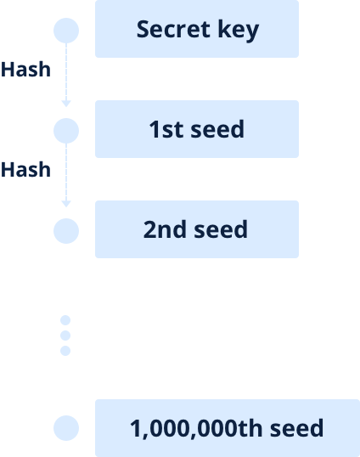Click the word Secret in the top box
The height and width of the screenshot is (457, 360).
(173, 29)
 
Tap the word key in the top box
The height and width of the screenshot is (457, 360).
(239, 31)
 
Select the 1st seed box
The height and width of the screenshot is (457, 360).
(197, 129)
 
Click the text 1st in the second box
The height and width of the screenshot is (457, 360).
(166, 129)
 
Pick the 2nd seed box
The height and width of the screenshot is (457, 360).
(197, 229)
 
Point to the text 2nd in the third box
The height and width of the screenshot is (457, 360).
(165, 229)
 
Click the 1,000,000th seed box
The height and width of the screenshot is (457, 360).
(228, 428)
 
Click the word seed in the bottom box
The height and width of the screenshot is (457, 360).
(297, 428)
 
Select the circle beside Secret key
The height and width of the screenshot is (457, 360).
(66, 31)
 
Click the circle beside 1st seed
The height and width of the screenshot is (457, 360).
(66, 131)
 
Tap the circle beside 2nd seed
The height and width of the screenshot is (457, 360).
(66, 231)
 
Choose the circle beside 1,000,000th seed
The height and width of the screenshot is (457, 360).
(66, 428)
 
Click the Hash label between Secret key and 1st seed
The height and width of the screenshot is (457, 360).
(25, 70)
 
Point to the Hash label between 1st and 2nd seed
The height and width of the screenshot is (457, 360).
(25, 170)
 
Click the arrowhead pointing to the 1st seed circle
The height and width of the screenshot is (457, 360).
(66, 104)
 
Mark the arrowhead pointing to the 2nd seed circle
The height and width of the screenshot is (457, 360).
(66, 204)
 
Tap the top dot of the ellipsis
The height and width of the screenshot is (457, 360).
(65, 320)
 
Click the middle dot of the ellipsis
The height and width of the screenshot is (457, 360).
(65, 336)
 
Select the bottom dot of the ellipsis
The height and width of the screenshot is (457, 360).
(65, 351)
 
